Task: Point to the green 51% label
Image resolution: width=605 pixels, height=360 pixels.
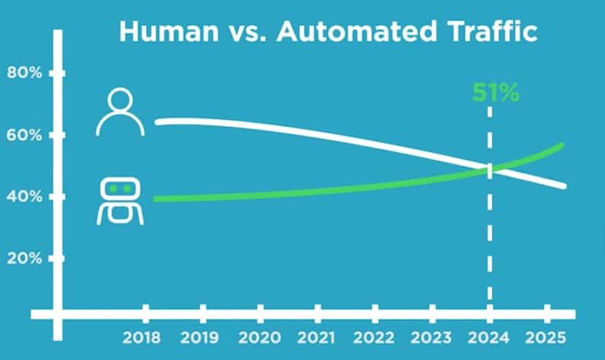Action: pyautogui.click(x=495, y=94)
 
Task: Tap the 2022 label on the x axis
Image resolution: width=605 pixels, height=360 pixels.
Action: pyautogui.click(x=374, y=336)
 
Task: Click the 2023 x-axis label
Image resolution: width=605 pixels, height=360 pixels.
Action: pyautogui.click(x=431, y=336)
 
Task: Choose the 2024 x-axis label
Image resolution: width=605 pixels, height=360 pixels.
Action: pyautogui.click(x=489, y=336)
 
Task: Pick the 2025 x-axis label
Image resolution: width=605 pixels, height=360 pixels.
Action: pyautogui.click(x=546, y=336)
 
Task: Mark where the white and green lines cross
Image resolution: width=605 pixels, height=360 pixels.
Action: pyautogui.click(x=489, y=169)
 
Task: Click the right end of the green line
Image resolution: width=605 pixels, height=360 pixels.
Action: pyautogui.click(x=562, y=145)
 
